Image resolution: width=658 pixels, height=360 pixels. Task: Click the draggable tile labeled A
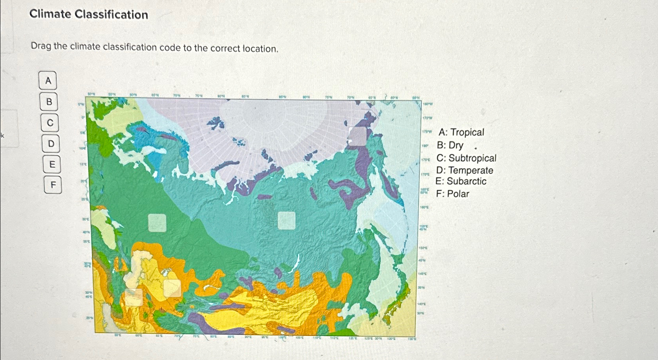point(48,81)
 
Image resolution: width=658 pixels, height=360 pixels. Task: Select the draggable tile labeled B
point(49,102)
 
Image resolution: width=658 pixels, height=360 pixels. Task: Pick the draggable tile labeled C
point(50,123)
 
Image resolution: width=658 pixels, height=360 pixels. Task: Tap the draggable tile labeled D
point(51,144)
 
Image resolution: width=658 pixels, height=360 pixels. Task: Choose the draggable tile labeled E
point(52,164)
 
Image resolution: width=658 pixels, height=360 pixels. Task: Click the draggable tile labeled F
point(53,184)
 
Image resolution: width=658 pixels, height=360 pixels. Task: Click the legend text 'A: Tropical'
point(461,132)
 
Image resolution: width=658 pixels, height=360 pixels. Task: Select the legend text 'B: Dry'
point(450,145)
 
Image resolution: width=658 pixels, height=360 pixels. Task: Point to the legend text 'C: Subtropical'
point(466,158)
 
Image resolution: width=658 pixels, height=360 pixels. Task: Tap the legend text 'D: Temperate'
point(465,170)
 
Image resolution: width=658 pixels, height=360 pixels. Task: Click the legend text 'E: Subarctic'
point(461,181)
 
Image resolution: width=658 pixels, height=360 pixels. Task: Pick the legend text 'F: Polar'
point(452,194)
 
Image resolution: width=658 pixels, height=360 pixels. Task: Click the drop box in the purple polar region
point(358,136)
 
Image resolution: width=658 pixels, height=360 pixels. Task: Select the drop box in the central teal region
point(287,221)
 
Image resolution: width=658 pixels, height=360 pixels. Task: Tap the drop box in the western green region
point(157,223)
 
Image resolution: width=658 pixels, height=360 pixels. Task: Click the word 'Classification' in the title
point(111,15)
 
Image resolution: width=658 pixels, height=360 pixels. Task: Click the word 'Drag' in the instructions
point(41,46)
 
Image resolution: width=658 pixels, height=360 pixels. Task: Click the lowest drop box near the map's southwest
point(133,297)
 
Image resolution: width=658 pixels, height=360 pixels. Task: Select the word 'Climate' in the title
point(50,14)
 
